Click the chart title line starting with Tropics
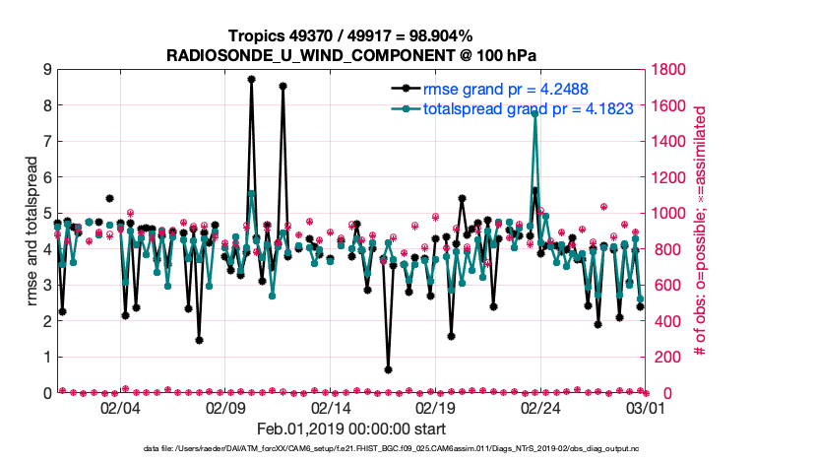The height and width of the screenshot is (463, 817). [x=350, y=35]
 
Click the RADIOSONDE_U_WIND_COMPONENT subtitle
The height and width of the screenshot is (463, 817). [x=350, y=54]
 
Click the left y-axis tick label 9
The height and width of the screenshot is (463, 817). [x=46, y=69]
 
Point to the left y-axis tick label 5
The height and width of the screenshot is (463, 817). [x=46, y=213]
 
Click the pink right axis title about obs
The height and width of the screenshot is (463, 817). [x=703, y=231]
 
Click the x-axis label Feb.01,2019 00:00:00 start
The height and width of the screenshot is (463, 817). [x=351, y=430]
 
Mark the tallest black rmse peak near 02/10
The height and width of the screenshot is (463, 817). [x=251, y=79]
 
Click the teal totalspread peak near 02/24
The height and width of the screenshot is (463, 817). [x=534, y=113]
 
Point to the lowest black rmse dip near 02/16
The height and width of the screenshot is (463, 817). [x=388, y=369]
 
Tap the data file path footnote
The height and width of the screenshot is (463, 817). [x=350, y=449]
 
